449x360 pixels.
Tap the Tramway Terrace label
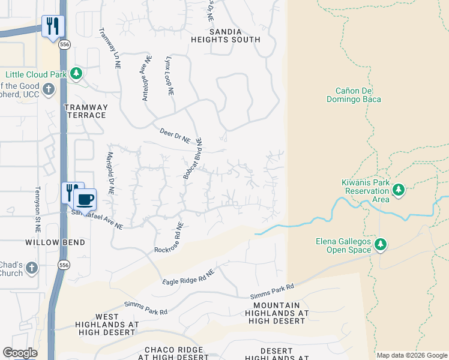pyautogui.click(x=86, y=111)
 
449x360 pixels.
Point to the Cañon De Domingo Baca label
pyautogui.click(x=354, y=95)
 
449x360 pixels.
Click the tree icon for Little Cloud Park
pyautogui.click(x=76, y=74)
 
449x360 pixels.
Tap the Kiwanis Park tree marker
pyautogui.click(x=398, y=190)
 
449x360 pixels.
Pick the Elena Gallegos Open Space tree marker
pyautogui.click(x=379, y=244)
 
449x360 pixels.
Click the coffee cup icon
pyautogui.click(x=85, y=198)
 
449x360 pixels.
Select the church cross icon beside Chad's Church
pyautogui.click(x=32, y=267)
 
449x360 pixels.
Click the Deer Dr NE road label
pyautogui.click(x=175, y=136)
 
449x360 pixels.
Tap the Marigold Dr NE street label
pyautogui.click(x=110, y=173)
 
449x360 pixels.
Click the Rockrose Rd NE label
pyautogui.click(x=168, y=238)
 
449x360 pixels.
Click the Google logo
pyautogui.click(x=20, y=353)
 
